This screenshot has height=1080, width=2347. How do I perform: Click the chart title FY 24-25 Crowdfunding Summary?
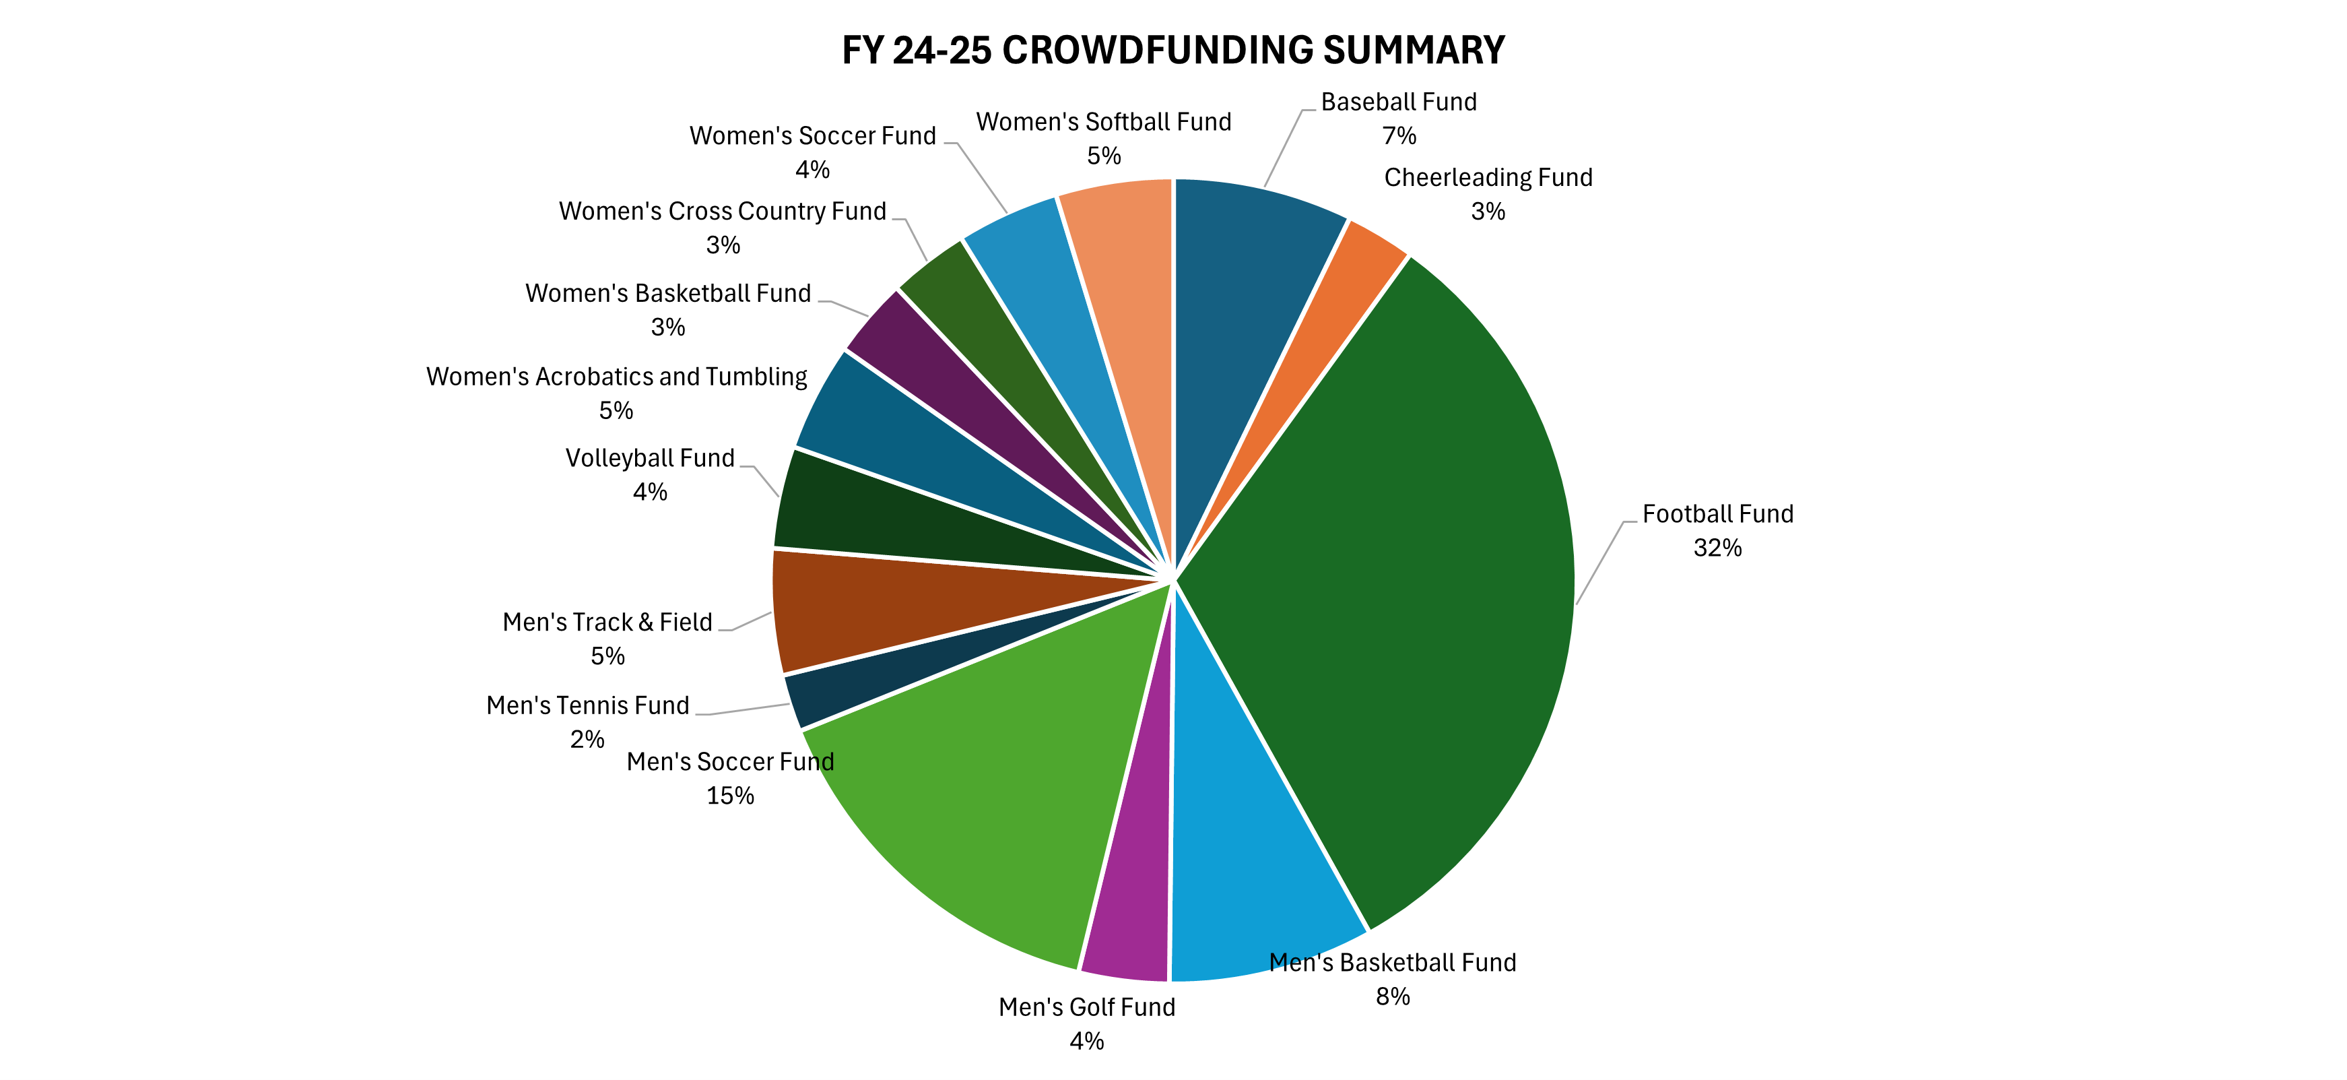tap(1172, 50)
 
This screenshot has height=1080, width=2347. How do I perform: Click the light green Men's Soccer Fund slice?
tap(984, 802)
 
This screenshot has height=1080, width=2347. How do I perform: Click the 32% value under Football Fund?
tap(1717, 548)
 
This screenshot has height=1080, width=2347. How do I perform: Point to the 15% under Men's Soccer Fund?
tap(730, 796)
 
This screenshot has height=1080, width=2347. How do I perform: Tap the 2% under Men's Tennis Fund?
tap(588, 739)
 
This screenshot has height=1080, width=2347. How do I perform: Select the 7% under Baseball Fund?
tap(1399, 136)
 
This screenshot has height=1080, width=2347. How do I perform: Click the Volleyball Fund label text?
tap(650, 458)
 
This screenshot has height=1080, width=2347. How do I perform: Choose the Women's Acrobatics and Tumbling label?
tap(616, 377)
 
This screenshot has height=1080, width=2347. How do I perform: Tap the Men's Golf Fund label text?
tap(1086, 1007)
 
